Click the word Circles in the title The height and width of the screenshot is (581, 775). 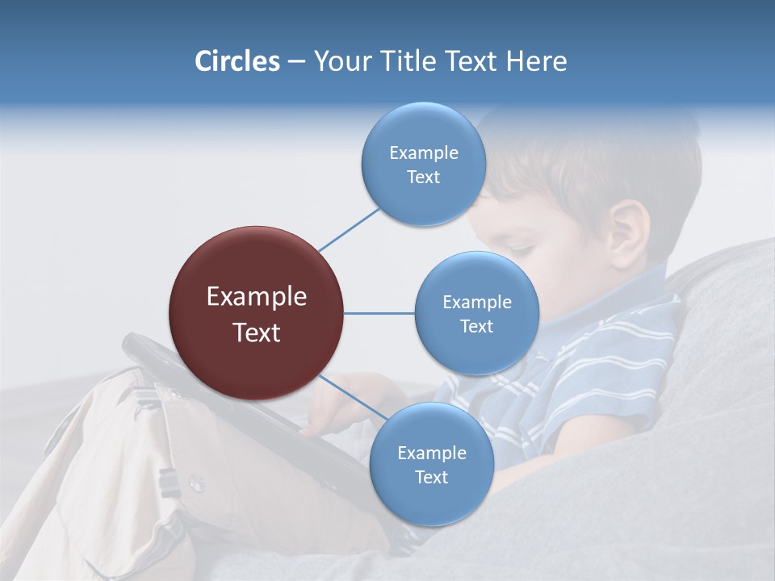237,61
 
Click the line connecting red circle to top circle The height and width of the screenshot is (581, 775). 349,229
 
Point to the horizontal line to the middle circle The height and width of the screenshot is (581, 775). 379,313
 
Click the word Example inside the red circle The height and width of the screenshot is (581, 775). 256,297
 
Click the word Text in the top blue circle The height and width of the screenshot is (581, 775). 423,178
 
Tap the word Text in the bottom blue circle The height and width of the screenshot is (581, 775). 431,478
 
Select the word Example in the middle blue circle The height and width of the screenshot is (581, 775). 476,303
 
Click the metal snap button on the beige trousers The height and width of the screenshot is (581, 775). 195,483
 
